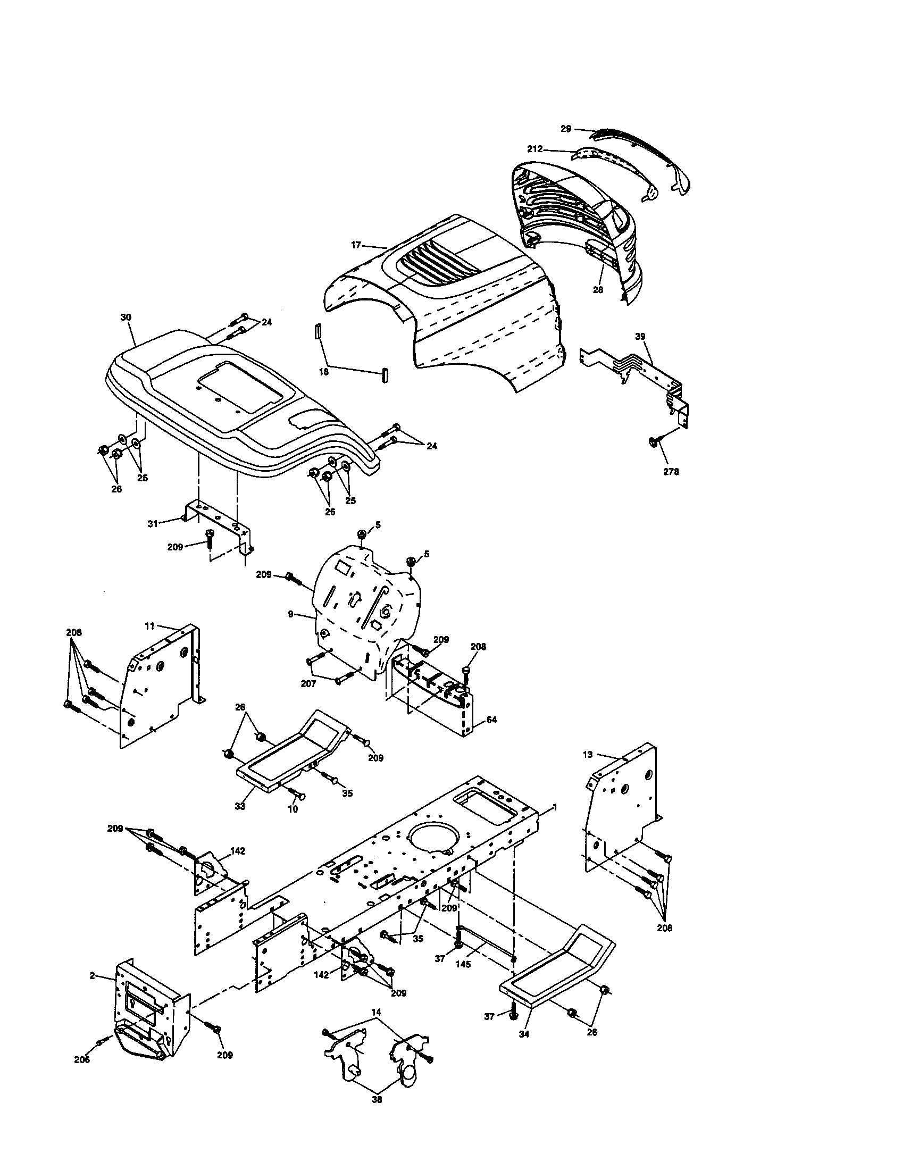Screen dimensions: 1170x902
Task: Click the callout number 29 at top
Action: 566,129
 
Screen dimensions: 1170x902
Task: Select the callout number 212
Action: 534,149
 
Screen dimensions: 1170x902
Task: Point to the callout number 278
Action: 671,471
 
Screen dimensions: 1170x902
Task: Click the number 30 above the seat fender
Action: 126,317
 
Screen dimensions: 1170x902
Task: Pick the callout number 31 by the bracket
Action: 153,523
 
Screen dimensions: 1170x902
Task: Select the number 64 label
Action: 491,720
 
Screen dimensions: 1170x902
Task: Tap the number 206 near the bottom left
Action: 82,1059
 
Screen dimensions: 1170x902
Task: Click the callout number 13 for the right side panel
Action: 588,754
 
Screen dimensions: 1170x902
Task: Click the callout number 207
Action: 308,684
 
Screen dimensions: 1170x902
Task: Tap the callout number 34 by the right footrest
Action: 524,1034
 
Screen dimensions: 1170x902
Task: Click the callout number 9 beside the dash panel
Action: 290,614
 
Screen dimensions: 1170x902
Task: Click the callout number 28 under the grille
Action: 598,289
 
